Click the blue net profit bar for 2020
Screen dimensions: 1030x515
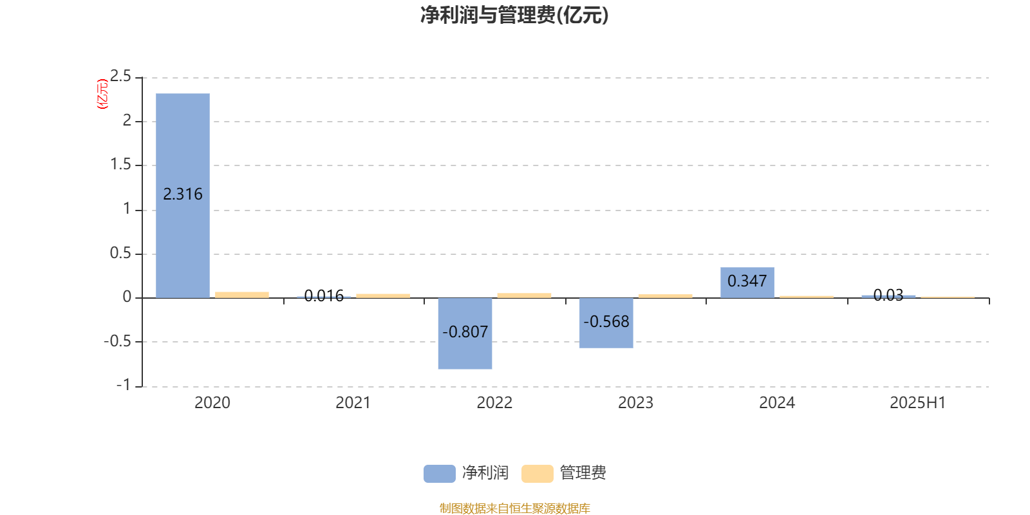tap(183, 196)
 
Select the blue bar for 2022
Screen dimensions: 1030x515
tap(465, 333)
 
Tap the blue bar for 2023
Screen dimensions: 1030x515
tap(606, 323)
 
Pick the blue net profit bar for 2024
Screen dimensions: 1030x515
tap(747, 283)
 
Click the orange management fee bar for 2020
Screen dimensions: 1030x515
tap(242, 295)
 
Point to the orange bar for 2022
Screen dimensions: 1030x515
tap(524, 295)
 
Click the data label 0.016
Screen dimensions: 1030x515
tap(324, 295)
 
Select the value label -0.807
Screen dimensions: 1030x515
tap(465, 332)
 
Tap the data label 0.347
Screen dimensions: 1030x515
tap(747, 281)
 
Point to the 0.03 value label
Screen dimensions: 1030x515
tap(888, 295)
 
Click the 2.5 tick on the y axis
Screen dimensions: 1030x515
tap(120, 76)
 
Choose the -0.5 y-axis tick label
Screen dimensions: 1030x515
tap(117, 341)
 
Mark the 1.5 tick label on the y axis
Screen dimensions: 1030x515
tap(120, 164)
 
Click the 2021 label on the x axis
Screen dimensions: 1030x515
tap(353, 403)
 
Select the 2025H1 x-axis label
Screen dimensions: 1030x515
tap(918, 403)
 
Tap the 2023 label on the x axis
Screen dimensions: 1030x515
tap(635, 403)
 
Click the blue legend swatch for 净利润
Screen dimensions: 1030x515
tap(440, 474)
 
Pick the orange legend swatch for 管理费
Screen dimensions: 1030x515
tap(537, 474)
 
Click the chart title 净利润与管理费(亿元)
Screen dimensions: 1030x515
tap(514, 15)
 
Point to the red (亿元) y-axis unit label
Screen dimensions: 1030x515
tap(102, 94)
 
